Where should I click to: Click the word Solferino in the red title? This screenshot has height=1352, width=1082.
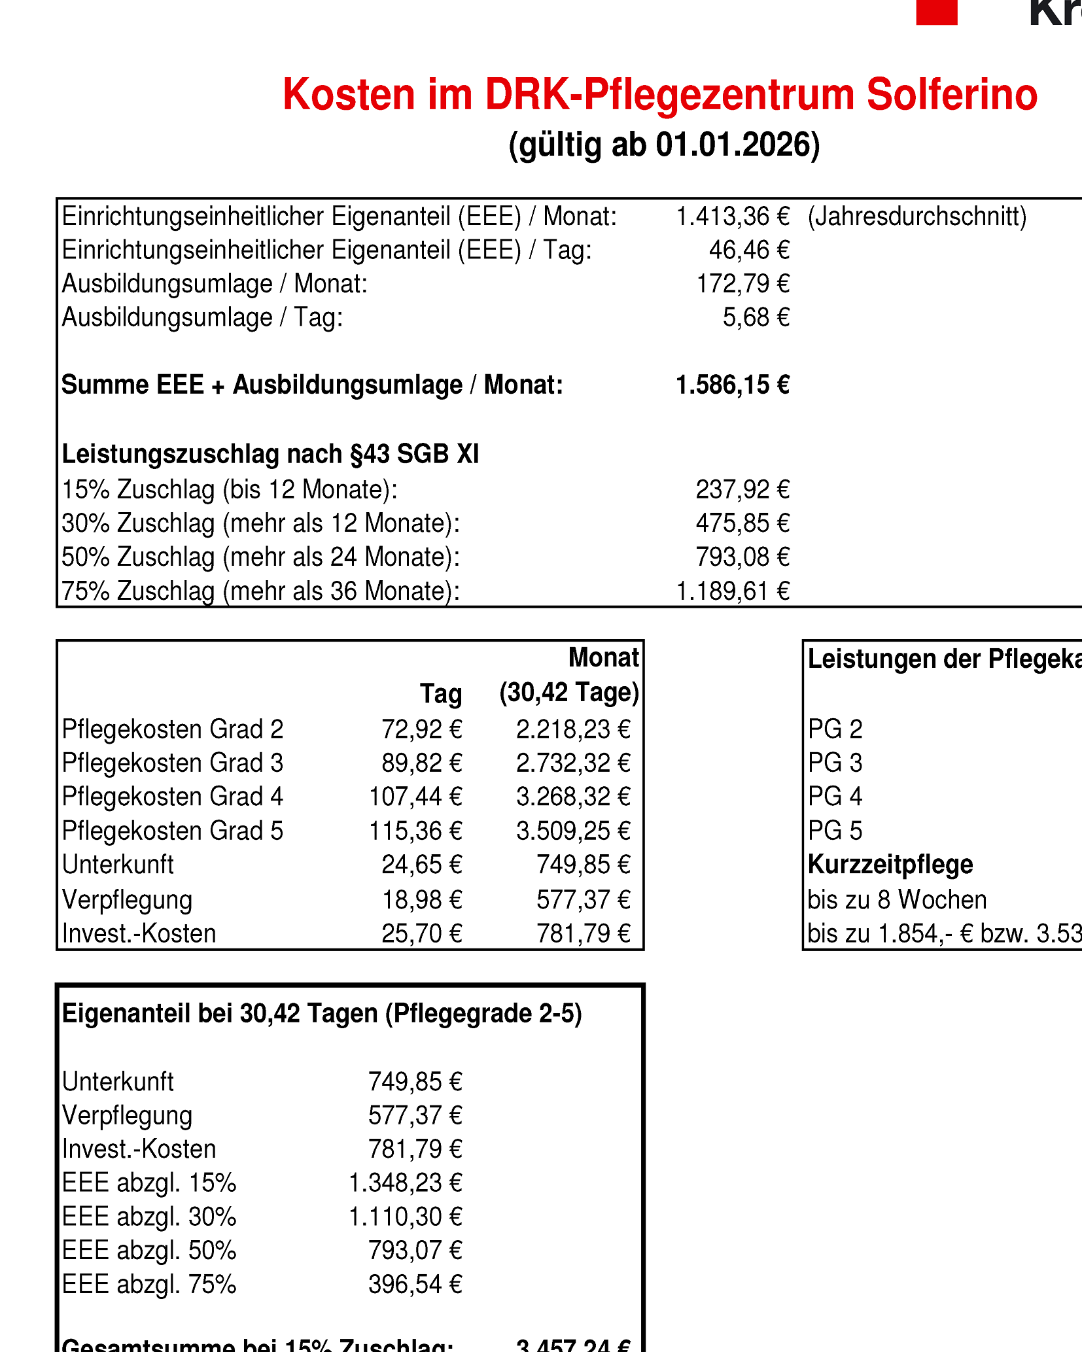pos(952,95)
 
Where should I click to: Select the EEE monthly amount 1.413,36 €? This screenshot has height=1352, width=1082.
pos(733,217)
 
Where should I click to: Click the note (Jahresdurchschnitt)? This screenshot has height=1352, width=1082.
pos(917,217)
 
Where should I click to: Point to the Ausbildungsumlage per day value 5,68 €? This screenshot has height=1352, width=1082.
pos(756,318)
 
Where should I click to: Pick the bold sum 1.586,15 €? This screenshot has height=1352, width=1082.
pos(733,385)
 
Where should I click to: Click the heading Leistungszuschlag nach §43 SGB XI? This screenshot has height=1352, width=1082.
pos(270,454)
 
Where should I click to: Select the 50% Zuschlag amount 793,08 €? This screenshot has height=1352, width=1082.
pos(742,557)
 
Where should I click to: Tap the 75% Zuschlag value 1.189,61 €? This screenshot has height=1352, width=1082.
pos(733,591)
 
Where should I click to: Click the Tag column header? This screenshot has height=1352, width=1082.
pos(441,693)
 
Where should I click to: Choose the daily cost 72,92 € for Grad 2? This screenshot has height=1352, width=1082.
pos(422,729)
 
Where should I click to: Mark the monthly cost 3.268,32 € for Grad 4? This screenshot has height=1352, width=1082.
pos(573,797)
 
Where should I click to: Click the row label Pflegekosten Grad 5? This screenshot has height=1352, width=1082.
pos(173,831)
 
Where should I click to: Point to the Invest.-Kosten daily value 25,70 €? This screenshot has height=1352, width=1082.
pos(422,933)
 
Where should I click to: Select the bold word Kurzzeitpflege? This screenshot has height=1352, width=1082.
pos(890,865)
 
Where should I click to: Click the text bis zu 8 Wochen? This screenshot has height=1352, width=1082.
pos(897,900)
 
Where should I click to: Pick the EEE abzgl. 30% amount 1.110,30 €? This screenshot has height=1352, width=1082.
pos(406,1217)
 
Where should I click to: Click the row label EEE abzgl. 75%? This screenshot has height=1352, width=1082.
pos(149,1285)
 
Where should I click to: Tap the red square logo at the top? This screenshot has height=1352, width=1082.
pos(936,12)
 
